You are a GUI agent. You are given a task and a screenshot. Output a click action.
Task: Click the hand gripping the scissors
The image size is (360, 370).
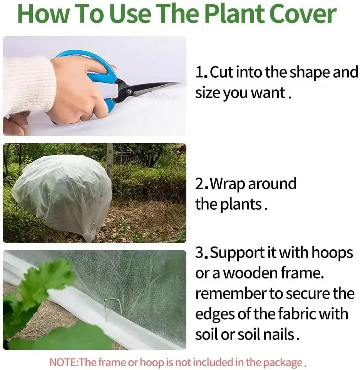(x=77, y=92)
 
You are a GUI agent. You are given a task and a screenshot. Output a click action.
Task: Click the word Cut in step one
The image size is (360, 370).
(x=221, y=72)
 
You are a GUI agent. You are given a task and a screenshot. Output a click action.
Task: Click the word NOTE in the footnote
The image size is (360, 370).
(x=63, y=362)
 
